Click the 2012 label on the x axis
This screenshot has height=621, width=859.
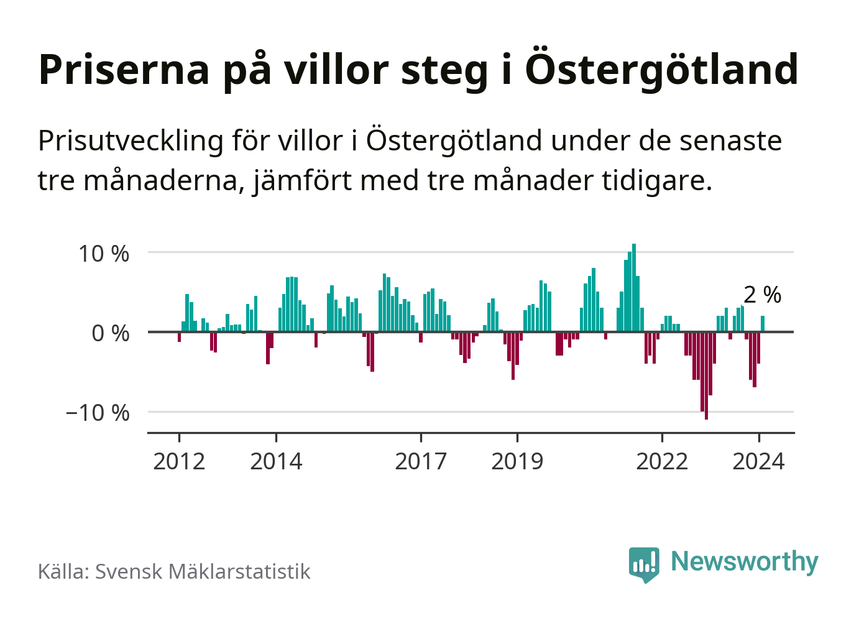click(x=179, y=462)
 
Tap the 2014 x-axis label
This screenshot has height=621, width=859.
click(x=276, y=462)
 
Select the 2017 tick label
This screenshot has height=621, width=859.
click(x=421, y=462)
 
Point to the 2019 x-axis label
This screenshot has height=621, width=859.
click(x=517, y=462)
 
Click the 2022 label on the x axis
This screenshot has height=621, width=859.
click(x=662, y=462)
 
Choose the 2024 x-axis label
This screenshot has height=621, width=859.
click(x=758, y=462)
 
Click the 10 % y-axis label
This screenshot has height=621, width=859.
click(x=103, y=254)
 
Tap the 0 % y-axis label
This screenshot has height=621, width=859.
click(x=110, y=333)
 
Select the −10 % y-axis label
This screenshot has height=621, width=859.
click(x=98, y=413)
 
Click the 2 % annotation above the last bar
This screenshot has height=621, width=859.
click(x=762, y=295)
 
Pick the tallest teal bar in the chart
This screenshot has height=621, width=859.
click(x=634, y=288)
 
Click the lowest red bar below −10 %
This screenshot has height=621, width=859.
click(x=706, y=375)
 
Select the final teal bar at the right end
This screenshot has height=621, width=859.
click(x=763, y=324)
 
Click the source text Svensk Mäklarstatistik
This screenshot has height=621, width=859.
click(x=202, y=571)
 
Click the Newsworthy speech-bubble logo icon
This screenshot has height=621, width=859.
click(x=643, y=564)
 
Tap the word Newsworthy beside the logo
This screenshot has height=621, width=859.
click(x=744, y=561)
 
